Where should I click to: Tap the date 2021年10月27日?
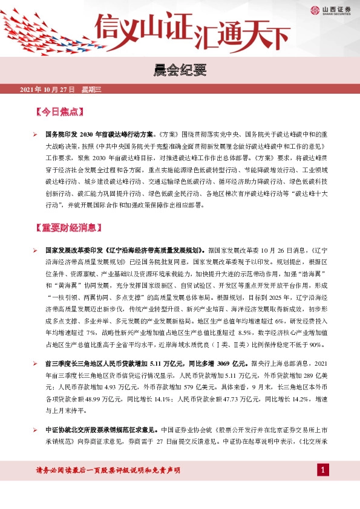(47, 89)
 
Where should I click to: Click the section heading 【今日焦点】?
(60, 112)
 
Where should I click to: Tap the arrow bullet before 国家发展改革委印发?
(36, 248)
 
